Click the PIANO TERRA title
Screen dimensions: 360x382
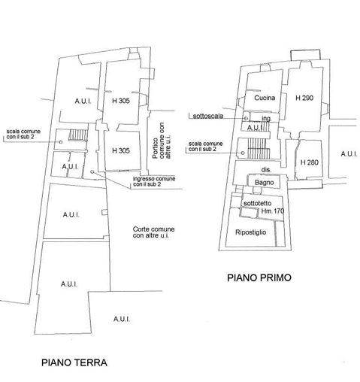point(74,362)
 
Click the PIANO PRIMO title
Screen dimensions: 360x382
point(259,277)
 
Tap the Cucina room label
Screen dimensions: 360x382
point(265,98)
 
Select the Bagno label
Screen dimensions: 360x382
point(264,183)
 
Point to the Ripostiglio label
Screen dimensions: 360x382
point(250,232)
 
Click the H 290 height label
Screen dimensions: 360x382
point(304,98)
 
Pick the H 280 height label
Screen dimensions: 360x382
point(310,162)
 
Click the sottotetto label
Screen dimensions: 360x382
point(257,203)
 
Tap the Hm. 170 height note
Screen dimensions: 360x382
point(273,211)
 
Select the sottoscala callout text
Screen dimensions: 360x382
point(208,116)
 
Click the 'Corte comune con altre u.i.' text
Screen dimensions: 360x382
point(153,232)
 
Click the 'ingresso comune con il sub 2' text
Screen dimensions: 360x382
point(154,181)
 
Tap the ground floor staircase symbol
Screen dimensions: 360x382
point(78,135)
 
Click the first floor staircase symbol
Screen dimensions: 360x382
point(259,148)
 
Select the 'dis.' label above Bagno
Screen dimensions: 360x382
point(266,170)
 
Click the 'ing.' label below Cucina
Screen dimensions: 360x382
point(266,118)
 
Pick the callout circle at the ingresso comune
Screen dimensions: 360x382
point(92,171)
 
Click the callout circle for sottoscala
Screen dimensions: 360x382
point(246,118)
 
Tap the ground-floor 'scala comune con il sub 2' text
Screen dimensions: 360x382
point(23,134)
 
